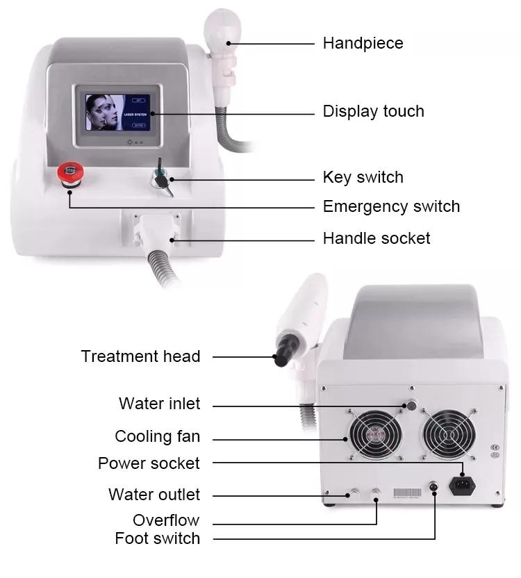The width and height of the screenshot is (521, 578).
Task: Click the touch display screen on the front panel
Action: [117, 113]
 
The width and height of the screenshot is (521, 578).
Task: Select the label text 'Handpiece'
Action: [363, 43]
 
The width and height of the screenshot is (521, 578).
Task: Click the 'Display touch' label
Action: [373, 111]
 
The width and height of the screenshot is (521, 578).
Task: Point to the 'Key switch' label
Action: [363, 177]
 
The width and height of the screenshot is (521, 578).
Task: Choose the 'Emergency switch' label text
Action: [391, 206]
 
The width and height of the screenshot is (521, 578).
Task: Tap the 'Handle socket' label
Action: [377, 238]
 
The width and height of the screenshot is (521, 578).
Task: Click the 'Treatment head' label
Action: [140, 356]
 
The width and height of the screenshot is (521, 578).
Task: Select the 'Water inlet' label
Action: [159, 404]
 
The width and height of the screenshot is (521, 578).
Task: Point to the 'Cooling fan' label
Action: [157, 437]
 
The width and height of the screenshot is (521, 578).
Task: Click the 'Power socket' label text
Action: [149, 463]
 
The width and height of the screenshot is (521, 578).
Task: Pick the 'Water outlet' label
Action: [154, 495]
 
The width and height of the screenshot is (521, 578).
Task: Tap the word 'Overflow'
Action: [166, 520]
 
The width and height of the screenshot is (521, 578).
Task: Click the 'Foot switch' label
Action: [157, 538]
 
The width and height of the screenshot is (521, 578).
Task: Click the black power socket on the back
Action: [462, 484]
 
